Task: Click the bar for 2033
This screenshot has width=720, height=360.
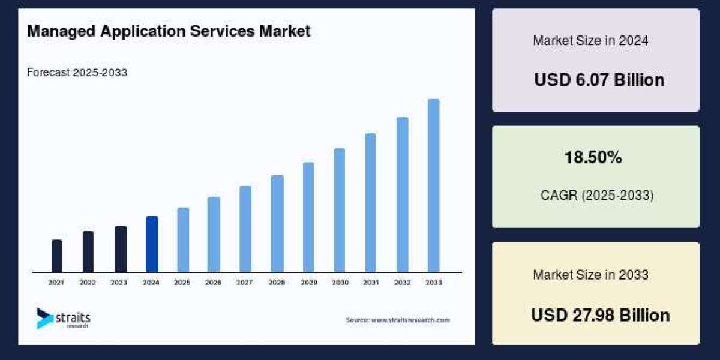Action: [x=433, y=185]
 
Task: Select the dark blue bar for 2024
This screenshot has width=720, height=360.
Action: [x=152, y=244]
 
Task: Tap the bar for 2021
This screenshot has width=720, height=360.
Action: [x=57, y=256]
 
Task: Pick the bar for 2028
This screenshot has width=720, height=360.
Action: [x=277, y=223]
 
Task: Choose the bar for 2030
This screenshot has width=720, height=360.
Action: [x=340, y=210]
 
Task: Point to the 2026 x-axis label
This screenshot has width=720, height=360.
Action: [x=214, y=282]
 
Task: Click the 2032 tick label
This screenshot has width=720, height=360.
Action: [x=402, y=282]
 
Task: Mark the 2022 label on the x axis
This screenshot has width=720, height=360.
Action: [x=88, y=282]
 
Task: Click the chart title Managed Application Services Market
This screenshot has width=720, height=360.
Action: [x=169, y=31]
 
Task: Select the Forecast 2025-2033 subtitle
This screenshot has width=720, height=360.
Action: [x=77, y=73]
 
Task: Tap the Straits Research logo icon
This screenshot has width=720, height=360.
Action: [x=44, y=318]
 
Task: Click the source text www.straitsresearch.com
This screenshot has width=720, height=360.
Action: [x=397, y=320]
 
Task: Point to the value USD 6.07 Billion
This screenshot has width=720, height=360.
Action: [x=599, y=80]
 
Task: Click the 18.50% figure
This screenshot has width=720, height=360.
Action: [x=593, y=158]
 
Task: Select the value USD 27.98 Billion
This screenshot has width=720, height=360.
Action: [x=600, y=315]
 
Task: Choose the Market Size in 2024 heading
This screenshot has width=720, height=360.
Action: [x=590, y=41]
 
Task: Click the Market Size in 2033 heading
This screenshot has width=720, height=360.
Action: [x=590, y=275]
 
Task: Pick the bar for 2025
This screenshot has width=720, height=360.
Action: [x=183, y=239]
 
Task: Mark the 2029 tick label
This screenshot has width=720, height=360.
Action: [x=308, y=282]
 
